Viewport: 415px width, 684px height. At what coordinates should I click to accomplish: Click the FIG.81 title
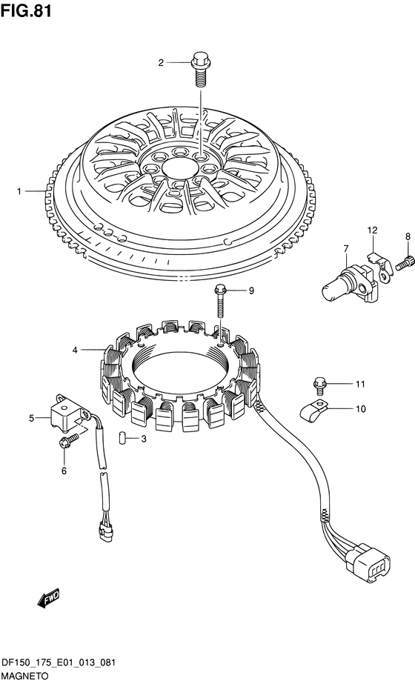pyautogui.click(x=26, y=10)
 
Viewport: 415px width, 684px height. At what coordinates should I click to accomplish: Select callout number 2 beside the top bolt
pyautogui.click(x=161, y=63)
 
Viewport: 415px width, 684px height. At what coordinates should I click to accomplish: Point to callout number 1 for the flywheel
pyautogui.click(x=19, y=191)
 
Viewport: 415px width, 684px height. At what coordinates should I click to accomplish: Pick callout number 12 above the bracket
pyautogui.click(x=372, y=230)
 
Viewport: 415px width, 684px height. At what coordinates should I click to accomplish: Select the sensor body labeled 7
pyautogui.click(x=349, y=284)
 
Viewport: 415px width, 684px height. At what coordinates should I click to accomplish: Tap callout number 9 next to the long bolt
pyautogui.click(x=251, y=291)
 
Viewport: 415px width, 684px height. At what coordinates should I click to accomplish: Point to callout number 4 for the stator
pyautogui.click(x=75, y=350)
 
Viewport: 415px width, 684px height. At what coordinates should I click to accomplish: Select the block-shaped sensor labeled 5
pyautogui.click(x=68, y=413)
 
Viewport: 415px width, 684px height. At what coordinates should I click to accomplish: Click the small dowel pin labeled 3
pyautogui.click(x=122, y=437)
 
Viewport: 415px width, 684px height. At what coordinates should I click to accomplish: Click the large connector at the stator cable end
pyautogui.click(x=368, y=560)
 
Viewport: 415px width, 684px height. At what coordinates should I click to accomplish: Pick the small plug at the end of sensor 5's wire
pyautogui.click(x=105, y=528)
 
